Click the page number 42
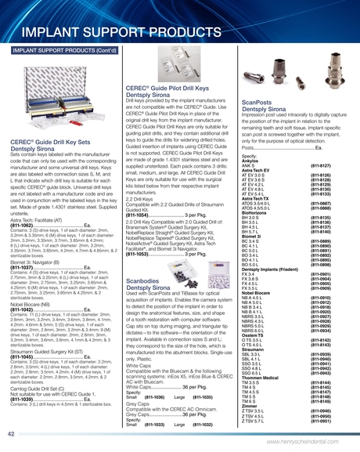(x=11, y=433)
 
